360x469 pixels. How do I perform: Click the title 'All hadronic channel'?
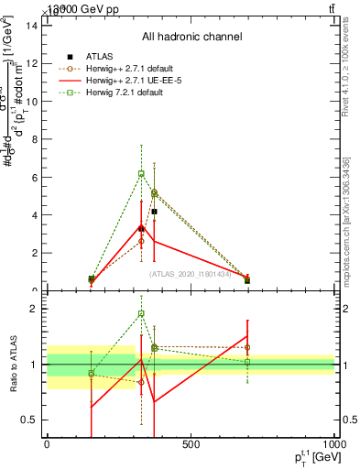pos(191,38)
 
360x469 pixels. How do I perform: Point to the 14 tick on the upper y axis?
pos(33,25)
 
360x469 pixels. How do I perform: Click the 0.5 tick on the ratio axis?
pos(32,420)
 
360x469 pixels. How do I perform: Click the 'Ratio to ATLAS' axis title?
pos(12,365)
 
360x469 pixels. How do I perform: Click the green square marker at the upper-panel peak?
pos(141,173)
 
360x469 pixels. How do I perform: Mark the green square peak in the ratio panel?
pos(141,313)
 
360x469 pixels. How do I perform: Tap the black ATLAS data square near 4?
pos(155,212)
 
